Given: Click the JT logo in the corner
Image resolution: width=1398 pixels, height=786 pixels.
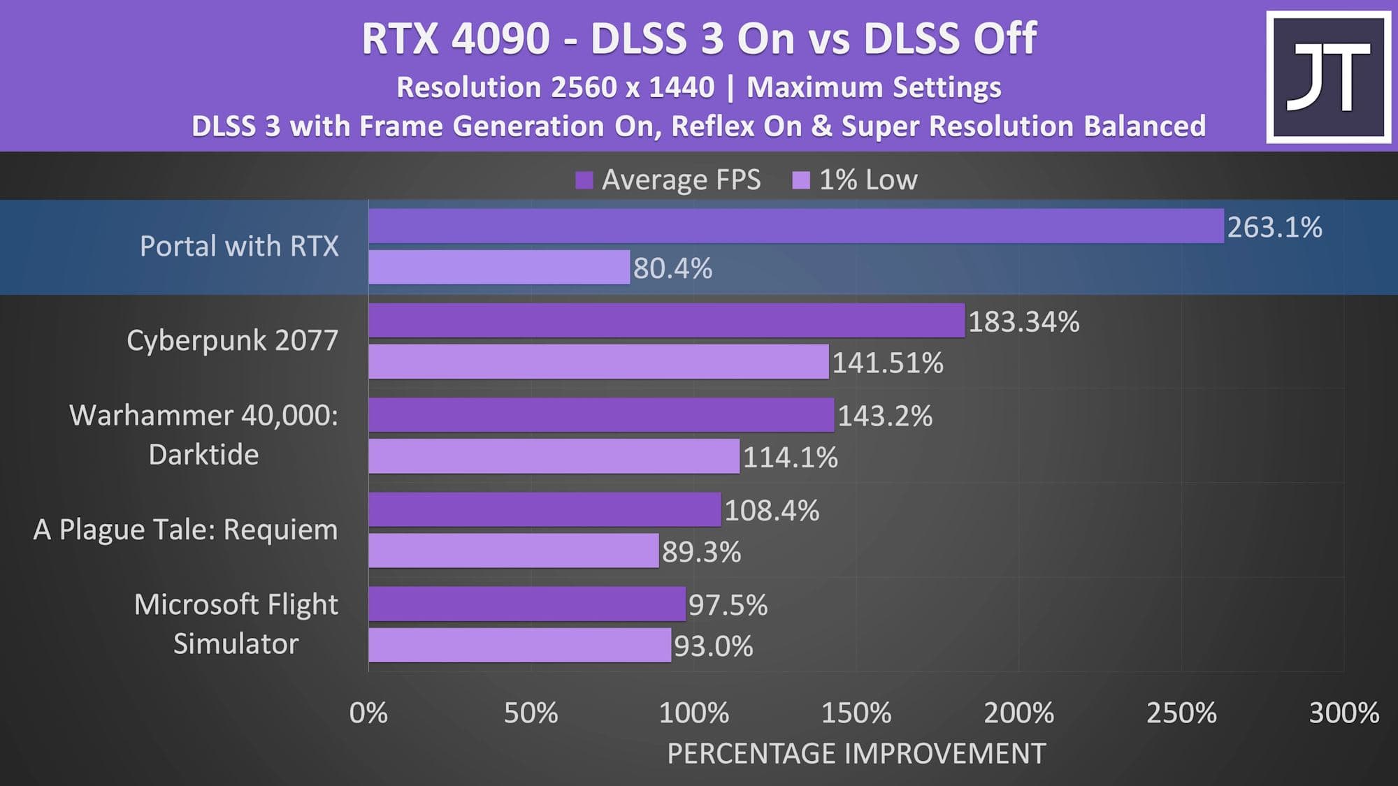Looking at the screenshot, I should [x=1328, y=77].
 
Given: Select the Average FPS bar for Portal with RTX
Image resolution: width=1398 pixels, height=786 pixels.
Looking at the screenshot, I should [x=796, y=226].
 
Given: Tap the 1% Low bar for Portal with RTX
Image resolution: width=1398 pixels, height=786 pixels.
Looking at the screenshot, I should [x=499, y=268].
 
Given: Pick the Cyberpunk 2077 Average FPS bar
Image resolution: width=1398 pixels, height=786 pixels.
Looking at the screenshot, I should [x=666, y=321].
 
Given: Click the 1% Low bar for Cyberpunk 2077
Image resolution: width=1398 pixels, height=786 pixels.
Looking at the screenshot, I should [x=598, y=362].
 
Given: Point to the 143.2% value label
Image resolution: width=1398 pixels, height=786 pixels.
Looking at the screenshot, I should [x=885, y=416].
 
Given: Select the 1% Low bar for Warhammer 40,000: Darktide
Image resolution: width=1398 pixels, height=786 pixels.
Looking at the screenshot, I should [x=554, y=456].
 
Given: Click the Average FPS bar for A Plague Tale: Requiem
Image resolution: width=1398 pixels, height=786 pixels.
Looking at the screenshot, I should [x=545, y=509].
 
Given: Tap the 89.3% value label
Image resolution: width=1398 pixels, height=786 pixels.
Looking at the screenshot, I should [x=701, y=552].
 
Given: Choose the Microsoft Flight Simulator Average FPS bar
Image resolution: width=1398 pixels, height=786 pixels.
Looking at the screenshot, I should [x=527, y=604].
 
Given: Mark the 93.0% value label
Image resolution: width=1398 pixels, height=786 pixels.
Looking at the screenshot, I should [x=713, y=646].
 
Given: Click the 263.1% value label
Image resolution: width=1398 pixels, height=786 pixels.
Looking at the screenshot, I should [x=1274, y=228].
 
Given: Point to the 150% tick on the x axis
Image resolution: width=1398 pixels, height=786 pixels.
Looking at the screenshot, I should [x=856, y=713].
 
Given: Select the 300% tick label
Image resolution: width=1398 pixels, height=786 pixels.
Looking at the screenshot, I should [x=1343, y=713].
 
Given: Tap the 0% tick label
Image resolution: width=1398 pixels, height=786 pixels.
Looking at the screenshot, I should [x=368, y=713].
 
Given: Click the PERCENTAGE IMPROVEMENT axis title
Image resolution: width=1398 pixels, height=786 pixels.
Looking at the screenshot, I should [x=856, y=754].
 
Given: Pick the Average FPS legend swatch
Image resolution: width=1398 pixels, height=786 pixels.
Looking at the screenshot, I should [x=584, y=180].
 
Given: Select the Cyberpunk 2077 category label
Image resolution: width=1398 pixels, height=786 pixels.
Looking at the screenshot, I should [x=232, y=340].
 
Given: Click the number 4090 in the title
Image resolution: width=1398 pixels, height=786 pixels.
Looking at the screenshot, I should [x=500, y=38].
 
